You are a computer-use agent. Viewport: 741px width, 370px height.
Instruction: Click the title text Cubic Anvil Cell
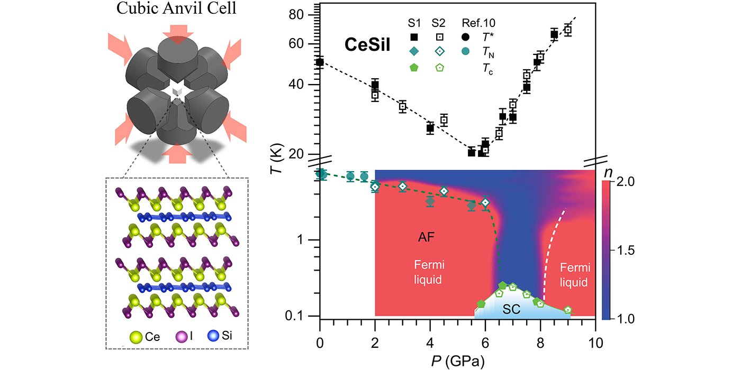[176, 8]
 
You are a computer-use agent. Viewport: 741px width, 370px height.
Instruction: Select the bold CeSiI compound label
[367, 44]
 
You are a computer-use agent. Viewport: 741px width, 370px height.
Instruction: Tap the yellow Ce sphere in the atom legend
[136, 337]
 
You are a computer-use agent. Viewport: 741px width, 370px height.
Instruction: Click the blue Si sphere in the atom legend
[213, 336]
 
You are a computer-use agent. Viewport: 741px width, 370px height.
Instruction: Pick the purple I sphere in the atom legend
[181, 337]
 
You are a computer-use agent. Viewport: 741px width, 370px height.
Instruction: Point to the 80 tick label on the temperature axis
[296, 15]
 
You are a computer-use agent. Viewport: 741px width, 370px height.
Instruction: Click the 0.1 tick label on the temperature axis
[294, 316]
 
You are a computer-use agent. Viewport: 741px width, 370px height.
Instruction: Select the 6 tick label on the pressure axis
[485, 343]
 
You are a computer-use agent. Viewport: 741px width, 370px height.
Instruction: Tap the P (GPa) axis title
[458, 361]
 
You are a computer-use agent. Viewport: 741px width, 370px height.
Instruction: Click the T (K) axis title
[276, 158]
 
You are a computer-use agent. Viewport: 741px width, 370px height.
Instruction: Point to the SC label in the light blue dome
[511, 309]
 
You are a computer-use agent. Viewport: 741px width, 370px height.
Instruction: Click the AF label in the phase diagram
[426, 237]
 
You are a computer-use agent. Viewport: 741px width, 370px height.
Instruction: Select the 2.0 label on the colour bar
[625, 182]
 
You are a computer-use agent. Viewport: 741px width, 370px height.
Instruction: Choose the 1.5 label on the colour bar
[625, 251]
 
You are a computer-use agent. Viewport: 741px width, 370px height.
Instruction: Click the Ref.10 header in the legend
[478, 23]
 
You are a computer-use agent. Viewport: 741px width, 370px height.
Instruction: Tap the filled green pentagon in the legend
[414, 68]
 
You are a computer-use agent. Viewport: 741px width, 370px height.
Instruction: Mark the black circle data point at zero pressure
[320, 62]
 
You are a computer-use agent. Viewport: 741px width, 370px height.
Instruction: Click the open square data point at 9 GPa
[567, 30]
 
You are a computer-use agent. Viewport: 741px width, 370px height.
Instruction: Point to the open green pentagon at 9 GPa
[568, 310]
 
